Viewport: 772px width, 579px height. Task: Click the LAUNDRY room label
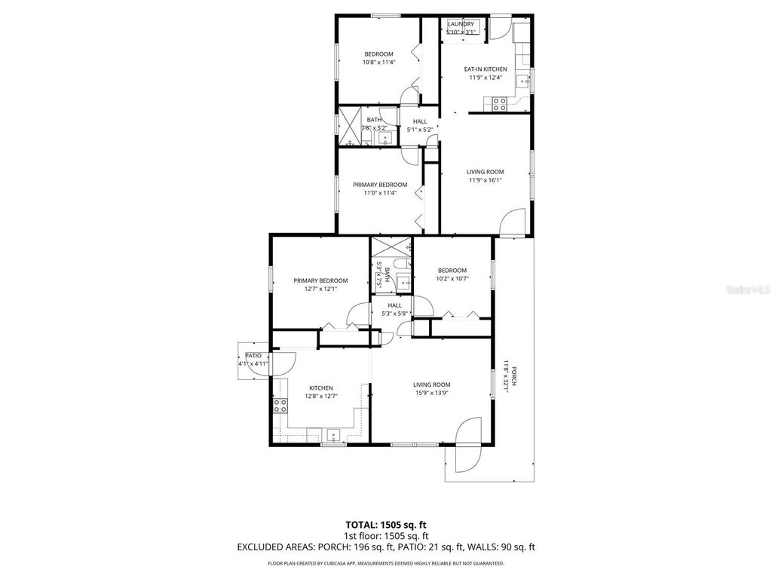461,23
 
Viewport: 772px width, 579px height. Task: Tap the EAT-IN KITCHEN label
485,69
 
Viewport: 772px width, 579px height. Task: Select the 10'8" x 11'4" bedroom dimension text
378,63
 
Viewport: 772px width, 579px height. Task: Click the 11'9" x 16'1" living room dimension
485,180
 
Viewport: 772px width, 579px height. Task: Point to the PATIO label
253,355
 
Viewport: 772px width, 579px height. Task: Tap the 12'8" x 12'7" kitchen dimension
320,396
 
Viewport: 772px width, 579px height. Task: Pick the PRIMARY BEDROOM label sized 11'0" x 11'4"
381,185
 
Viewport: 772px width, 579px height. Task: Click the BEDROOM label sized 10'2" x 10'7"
452,270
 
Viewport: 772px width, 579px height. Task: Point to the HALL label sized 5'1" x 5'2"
420,121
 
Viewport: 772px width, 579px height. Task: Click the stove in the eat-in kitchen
498,105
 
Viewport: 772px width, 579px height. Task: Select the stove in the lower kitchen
280,406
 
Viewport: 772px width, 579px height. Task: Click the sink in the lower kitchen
332,435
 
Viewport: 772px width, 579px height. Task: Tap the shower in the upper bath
349,126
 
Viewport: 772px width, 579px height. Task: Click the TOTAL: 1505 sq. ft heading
385,525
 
